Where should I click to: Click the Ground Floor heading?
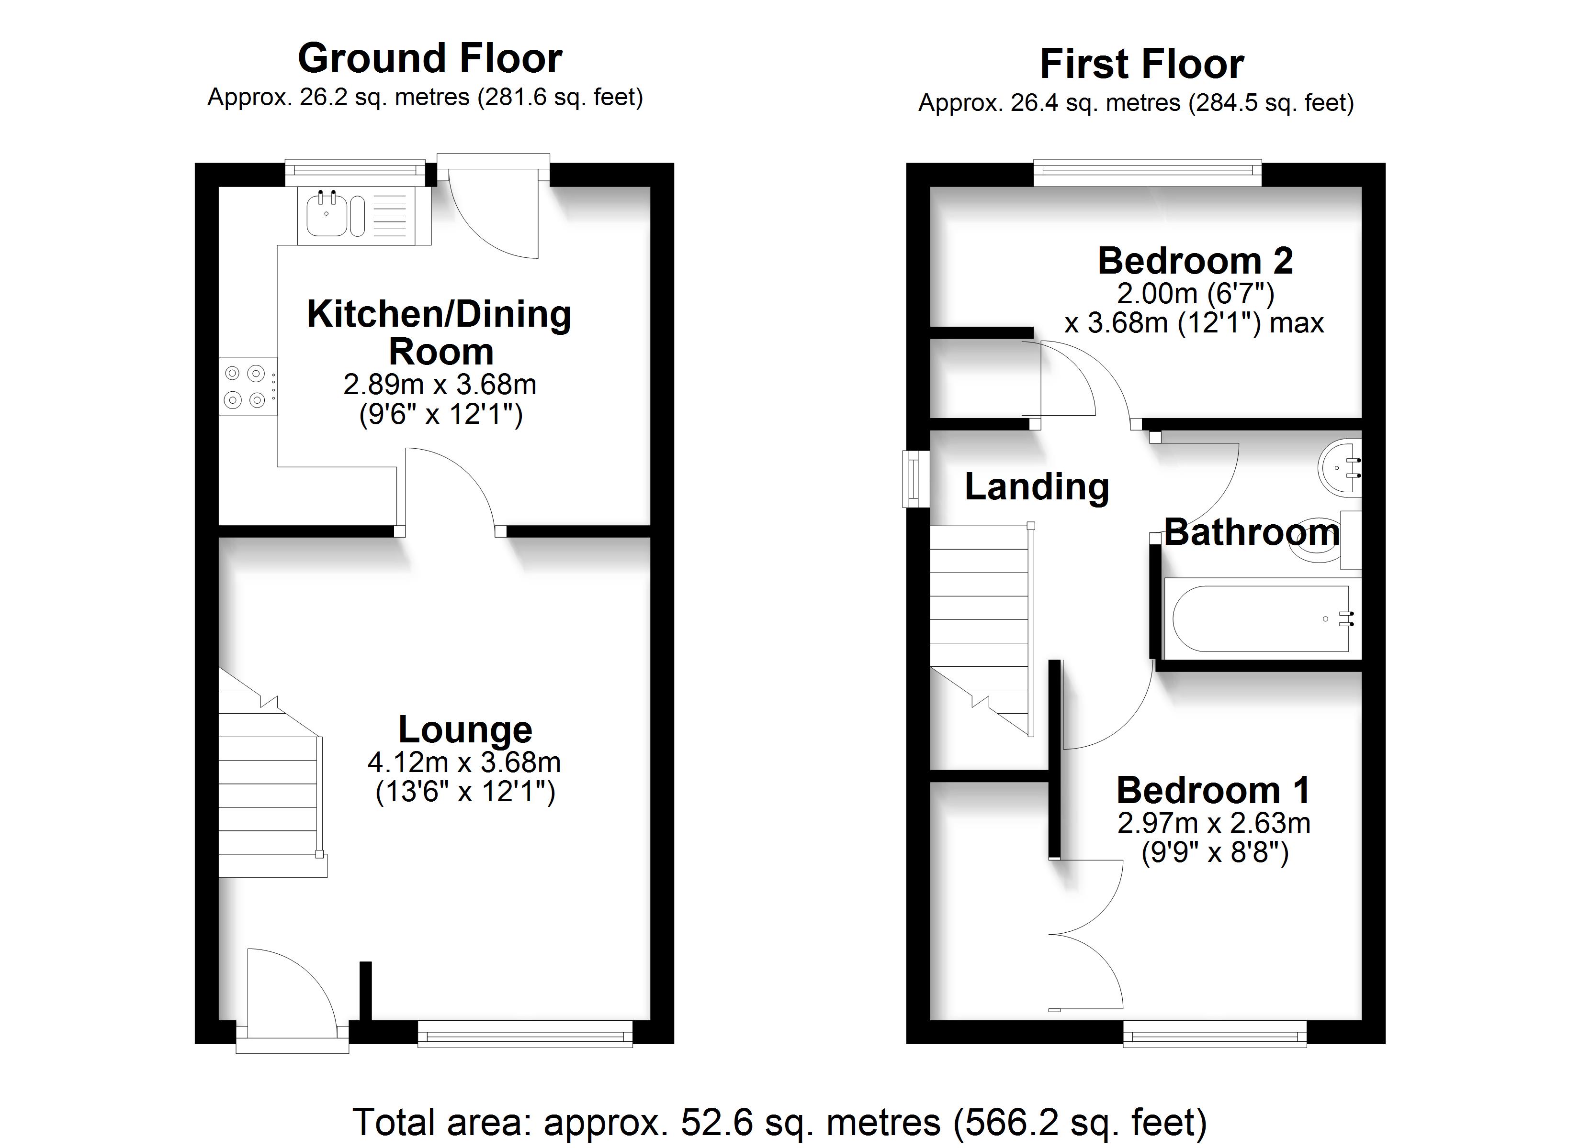[430, 58]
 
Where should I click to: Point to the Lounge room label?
[465, 729]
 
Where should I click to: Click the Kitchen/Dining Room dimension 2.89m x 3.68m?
[440, 384]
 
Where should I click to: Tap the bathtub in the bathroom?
[1263, 619]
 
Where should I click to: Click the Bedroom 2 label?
[1196, 261]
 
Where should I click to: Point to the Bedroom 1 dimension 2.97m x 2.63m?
[1214, 824]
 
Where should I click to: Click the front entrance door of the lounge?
[293, 999]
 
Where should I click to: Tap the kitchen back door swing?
[493, 205]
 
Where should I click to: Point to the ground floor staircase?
[271, 773]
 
